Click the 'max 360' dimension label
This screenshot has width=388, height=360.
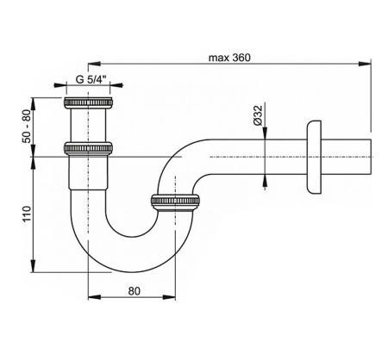point(229,58)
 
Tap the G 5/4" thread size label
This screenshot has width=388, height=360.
point(91,79)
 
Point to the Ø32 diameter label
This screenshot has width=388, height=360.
point(258,115)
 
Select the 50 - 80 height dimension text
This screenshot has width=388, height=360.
point(27,127)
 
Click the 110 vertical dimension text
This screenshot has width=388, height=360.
point(27,214)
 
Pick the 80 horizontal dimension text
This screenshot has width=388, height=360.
point(134,291)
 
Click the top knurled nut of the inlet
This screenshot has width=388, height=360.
point(88,102)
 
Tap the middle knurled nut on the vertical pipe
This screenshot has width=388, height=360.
point(88,147)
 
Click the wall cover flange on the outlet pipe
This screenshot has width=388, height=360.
point(314,158)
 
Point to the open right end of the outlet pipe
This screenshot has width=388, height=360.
point(371,157)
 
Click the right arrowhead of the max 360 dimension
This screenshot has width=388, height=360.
point(365,64)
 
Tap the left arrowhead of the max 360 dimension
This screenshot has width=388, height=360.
point(95,64)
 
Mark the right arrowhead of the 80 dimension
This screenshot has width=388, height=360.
point(169,297)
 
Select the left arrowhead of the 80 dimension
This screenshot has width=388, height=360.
point(95,297)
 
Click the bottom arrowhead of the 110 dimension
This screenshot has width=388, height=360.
point(34,265)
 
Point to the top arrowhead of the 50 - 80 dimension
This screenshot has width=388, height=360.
point(34,104)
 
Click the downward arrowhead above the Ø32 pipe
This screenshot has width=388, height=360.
point(265,133)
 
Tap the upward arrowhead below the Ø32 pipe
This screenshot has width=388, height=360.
point(265,182)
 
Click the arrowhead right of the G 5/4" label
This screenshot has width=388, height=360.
point(116,84)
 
